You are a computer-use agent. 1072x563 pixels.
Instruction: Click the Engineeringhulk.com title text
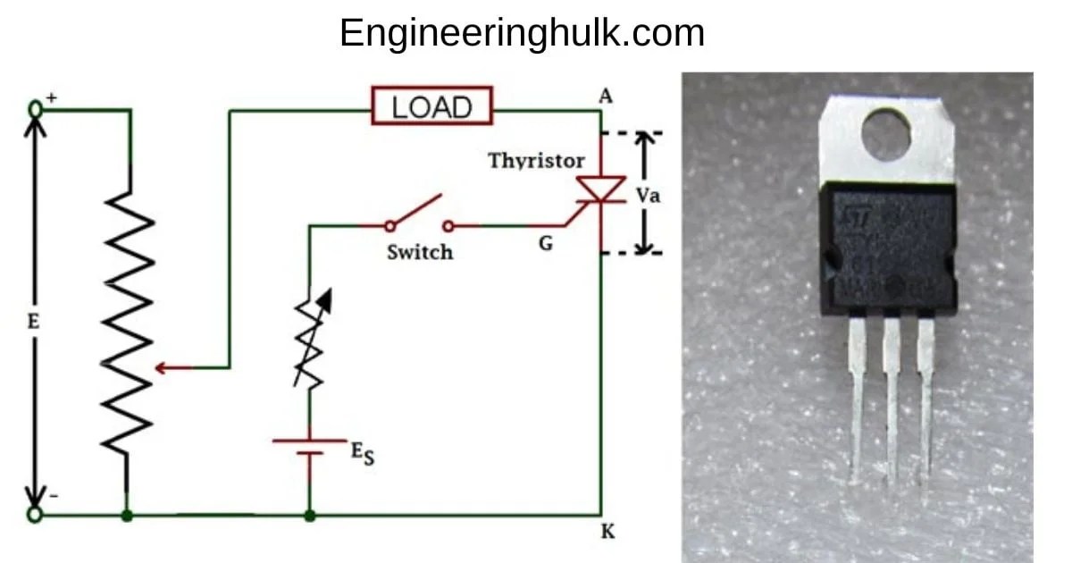point(522,33)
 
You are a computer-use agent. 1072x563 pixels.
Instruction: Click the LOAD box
point(432,107)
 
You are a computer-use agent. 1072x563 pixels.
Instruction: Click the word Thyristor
point(536,161)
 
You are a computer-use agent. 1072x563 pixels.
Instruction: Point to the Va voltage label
point(649,195)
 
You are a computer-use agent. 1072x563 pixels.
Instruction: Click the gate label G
point(545,242)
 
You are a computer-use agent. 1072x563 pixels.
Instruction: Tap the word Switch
point(419,252)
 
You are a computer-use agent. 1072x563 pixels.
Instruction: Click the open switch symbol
point(418,214)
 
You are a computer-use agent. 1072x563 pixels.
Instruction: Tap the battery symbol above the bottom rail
point(309,447)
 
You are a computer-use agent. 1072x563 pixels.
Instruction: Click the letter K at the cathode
point(608,532)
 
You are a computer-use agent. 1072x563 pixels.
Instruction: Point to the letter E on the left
point(33,322)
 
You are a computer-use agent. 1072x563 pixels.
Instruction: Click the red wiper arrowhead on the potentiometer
point(162,367)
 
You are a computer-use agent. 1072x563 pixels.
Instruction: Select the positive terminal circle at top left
point(36,108)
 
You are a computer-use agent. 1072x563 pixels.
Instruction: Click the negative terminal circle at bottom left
point(35,515)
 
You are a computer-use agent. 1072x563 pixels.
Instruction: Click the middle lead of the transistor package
point(892,393)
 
